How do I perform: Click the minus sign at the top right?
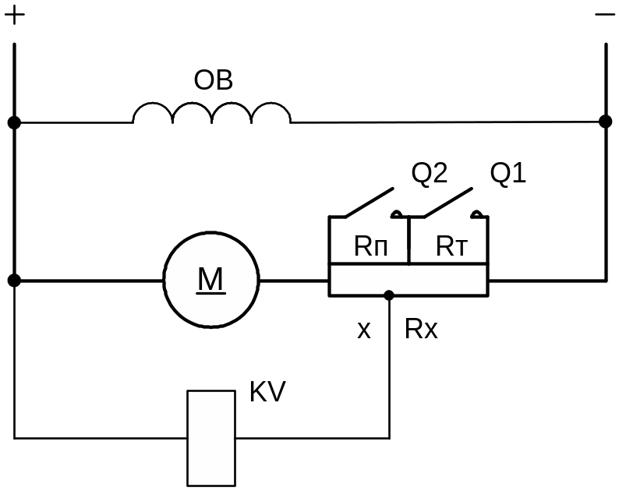(605, 15)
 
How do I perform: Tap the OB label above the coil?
(213, 81)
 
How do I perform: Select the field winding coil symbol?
(212, 113)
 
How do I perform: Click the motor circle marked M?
(210, 279)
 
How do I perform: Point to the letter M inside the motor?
(210, 279)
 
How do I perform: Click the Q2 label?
(429, 174)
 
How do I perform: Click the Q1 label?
(508, 174)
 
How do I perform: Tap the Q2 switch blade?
(370, 202)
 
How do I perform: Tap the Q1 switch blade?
(448, 202)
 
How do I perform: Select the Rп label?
(370, 247)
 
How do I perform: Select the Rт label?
(451, 247)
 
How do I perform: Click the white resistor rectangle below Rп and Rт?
(408, 280)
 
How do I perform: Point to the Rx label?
(421, 330)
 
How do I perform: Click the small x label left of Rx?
(363, 331)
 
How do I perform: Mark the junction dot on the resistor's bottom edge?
(389, 295)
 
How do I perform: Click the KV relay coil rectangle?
(211, 437)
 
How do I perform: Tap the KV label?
(267, 392)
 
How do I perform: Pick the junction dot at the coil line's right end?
(605, 122)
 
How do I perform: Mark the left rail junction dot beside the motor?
(14, 280)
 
